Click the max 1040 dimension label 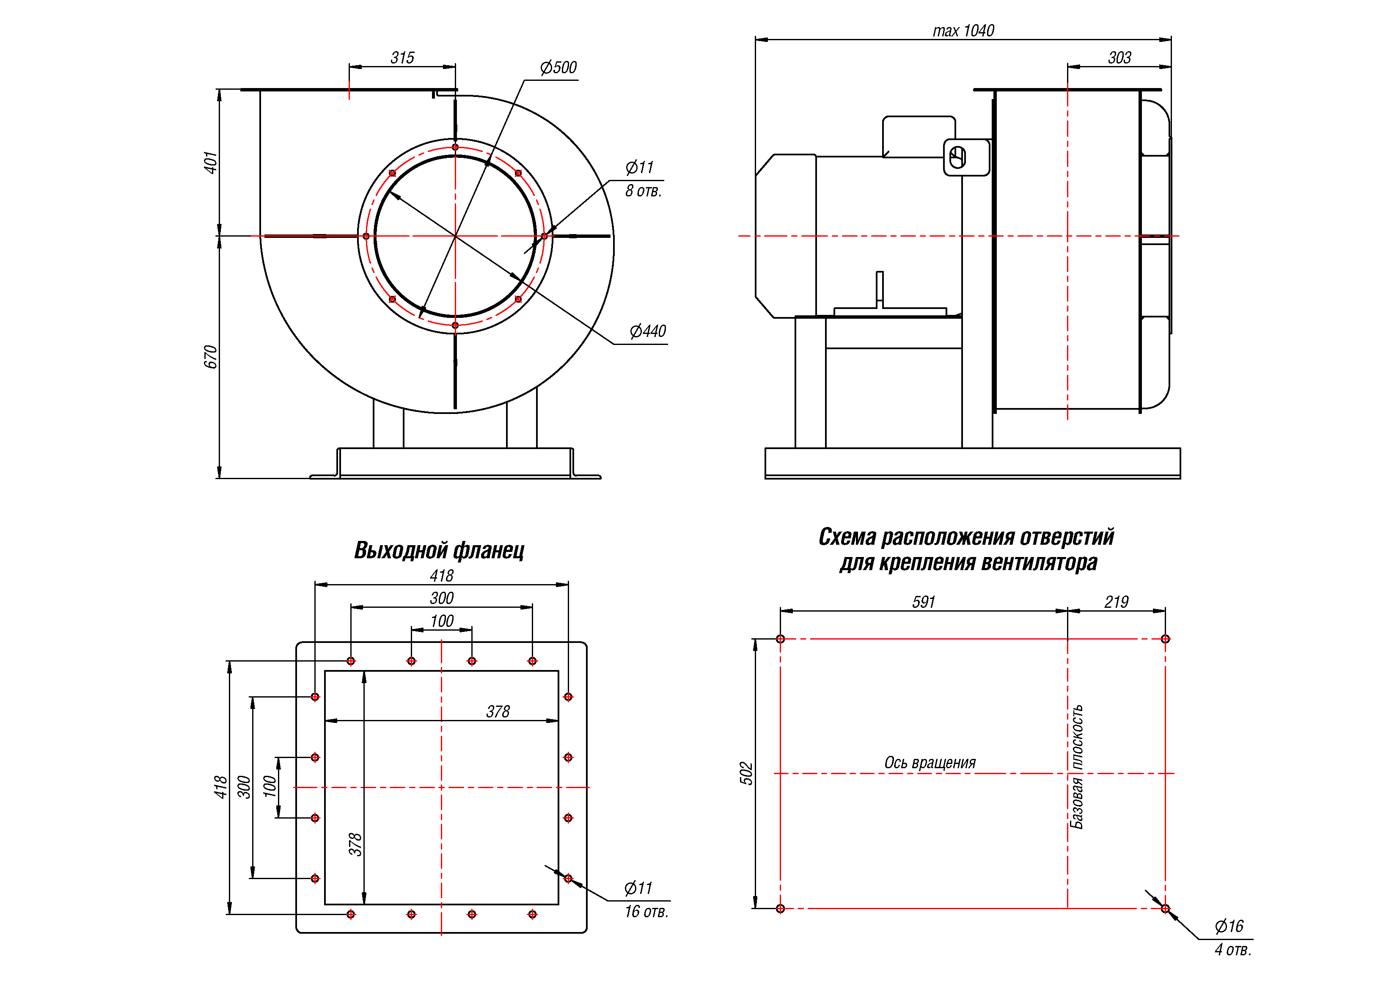click(963, 30)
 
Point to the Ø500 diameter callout click(558, 67)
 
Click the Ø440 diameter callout click(648, 331)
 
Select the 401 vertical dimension click(210, 163)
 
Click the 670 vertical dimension click(210, 357)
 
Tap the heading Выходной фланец click(439, 550)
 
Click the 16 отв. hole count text click(646, 911)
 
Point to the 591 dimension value click(923, 602)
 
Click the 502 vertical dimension click(746, 773)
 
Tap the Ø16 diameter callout click(1229, 927)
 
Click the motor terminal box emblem click(958, 157)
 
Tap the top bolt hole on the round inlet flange click(455, 147)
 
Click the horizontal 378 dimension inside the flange click(498, 711)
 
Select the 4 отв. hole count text click(1232, 950)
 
